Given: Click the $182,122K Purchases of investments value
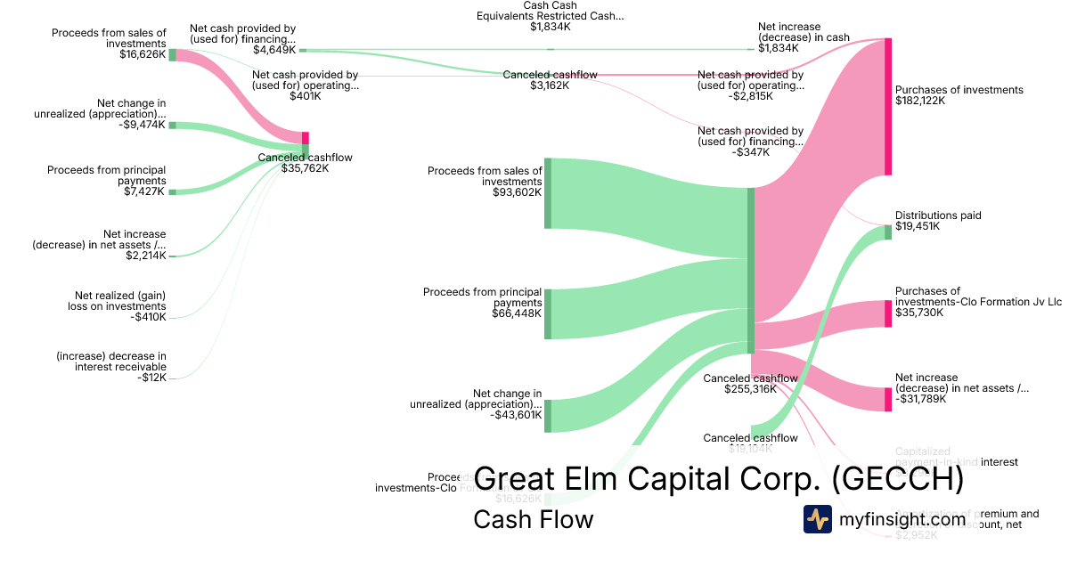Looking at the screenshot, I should tap(919, 101).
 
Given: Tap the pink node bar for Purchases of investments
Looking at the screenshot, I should tap(888, 107).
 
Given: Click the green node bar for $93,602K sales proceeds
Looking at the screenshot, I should tap(548, 192).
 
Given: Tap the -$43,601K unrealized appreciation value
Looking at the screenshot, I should tap(516, 415).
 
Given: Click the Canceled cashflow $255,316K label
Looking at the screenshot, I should tap(750, 384).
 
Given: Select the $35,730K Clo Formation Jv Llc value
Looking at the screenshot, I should tap(919, 313).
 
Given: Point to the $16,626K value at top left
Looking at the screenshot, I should tap(142, 54).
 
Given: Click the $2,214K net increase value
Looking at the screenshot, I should tap(146, 256).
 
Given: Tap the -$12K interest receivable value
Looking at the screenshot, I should tap(154, 378).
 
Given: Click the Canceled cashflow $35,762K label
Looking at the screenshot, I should tap(305, 163).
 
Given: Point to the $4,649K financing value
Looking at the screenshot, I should tap(274, 50).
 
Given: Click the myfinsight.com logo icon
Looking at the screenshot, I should tap(817, 519).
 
